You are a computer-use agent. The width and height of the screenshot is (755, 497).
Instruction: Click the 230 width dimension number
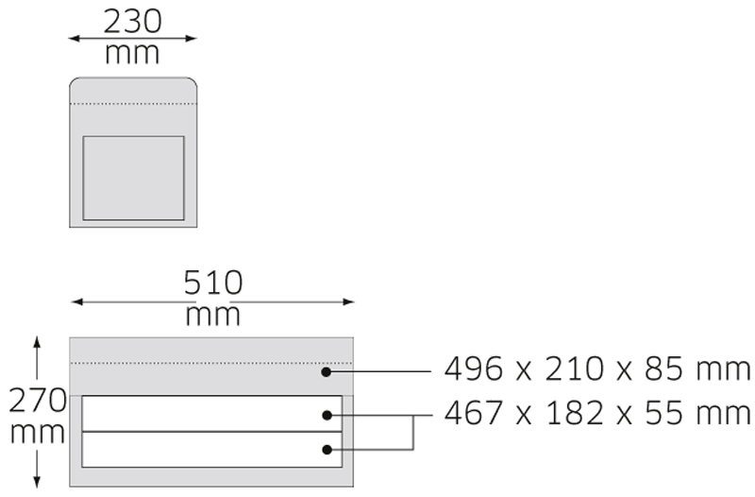click(132, 22)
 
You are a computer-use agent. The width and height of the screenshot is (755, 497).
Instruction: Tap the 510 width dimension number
click(213, 283)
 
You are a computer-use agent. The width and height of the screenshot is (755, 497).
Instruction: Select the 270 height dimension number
click(38, 401)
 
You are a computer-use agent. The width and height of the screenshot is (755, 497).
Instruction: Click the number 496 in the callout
click(474, 368)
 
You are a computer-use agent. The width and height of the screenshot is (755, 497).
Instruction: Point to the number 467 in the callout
click(474, 413)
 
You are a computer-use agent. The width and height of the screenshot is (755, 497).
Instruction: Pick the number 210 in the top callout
click(574, 368)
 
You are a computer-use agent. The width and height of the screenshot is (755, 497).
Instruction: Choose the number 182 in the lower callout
click(575, 413)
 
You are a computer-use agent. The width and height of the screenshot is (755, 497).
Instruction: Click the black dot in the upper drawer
click(327, 415)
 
